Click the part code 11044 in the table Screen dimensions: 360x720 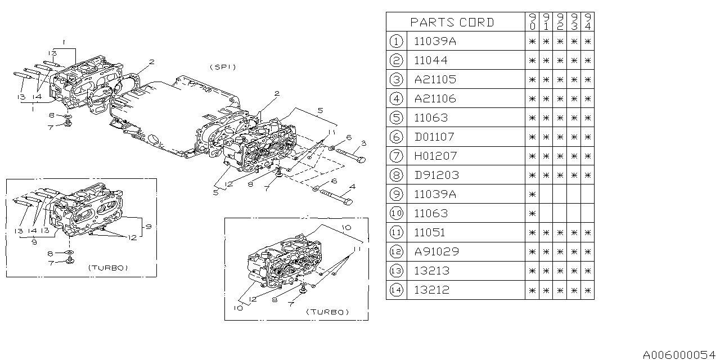(431, 60)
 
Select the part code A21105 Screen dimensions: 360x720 (435, 79)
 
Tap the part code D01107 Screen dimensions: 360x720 (434, 137)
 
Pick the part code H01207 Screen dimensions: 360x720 (435, 156)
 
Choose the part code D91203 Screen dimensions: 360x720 (436, 175)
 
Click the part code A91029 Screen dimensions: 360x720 (436, 251)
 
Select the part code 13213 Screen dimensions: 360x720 (431, 271)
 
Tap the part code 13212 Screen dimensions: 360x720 (431, 290)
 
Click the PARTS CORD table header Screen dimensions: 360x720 (452, 22)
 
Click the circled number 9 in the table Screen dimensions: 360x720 (396, 194)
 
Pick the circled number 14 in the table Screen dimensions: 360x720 (396, 290)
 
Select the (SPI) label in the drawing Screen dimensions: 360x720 (223, 67)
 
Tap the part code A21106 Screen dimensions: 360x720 (435, 98)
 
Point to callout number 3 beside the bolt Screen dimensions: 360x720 (364, 143)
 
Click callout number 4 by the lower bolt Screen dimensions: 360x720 (352, 186)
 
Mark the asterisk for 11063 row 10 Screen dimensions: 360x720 (532, 213)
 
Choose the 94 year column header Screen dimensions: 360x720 (587, 22)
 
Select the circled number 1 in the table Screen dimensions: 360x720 (396, 41)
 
